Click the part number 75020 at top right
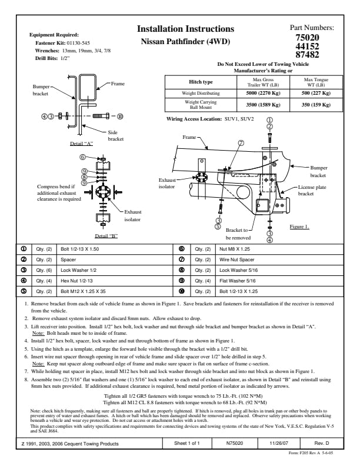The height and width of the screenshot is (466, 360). coord(311,38)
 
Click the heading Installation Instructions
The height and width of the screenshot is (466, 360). coord(185,29)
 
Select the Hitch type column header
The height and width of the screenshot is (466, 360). coord(201,82)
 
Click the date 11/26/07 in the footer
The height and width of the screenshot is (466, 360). coord(276,443)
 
